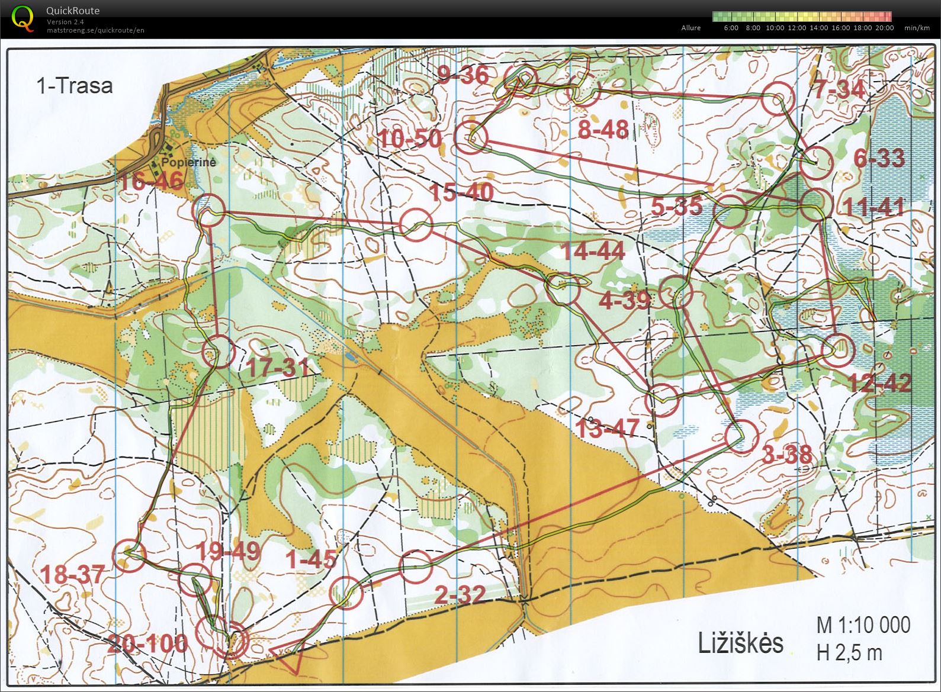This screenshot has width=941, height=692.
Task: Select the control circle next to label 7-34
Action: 777,99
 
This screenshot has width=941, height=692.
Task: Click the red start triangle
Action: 288,656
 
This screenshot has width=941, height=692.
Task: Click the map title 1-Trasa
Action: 74,86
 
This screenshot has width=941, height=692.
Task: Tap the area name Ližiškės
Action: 740,643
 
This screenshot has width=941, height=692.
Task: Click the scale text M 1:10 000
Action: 863,625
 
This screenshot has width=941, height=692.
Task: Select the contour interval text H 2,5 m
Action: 849,652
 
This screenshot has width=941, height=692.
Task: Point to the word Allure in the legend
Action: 691,28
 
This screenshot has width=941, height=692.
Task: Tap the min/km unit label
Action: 917,28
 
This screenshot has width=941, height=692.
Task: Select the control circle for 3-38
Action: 742,436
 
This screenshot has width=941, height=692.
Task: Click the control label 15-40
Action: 461,192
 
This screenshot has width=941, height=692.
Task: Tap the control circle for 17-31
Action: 219,351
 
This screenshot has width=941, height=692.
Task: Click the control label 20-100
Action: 148,643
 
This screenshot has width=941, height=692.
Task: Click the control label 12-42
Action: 880,383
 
